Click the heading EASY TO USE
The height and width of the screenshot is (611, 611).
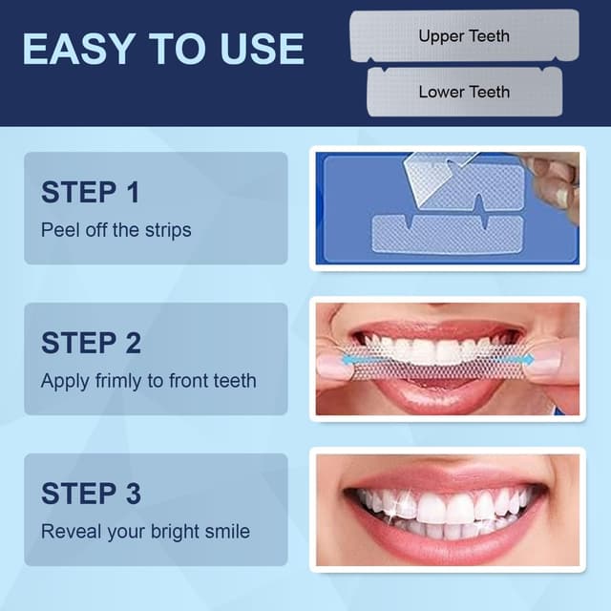point(163,48)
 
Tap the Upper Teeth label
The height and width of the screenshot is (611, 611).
point(464,36)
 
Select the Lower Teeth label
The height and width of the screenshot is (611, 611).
point(464,92)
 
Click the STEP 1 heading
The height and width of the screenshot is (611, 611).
point(91,192)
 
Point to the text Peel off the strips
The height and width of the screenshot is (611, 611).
point(116,230)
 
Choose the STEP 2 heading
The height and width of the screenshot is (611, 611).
point(91,342)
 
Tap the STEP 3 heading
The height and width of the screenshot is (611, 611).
point(91,493)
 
